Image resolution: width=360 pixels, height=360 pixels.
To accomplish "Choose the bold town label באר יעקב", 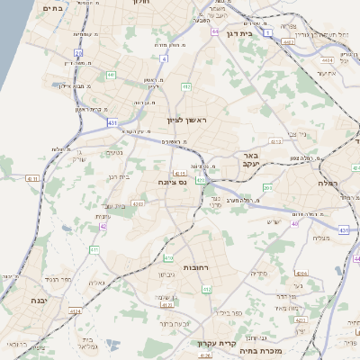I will click(250, 159).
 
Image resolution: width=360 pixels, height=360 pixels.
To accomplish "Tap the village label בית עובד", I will click(114, 206).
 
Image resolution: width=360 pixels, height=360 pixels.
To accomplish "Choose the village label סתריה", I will click(261, 273).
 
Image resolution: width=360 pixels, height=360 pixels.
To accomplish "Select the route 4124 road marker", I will click(75, 311).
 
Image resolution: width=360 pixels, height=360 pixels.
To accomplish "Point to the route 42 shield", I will click(103, 226).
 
